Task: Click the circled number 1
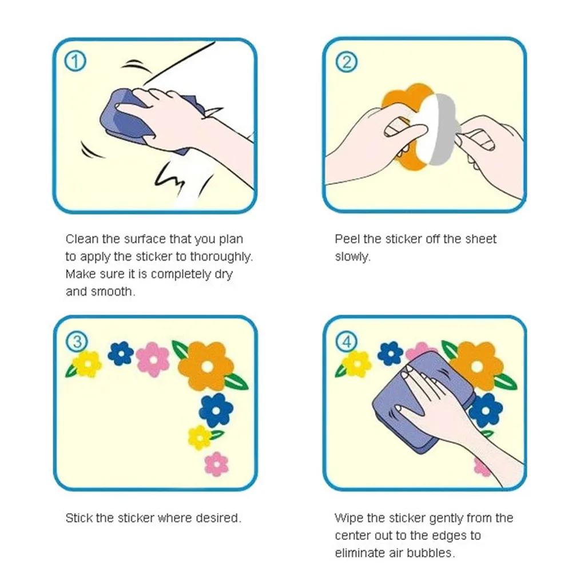click(75, 61)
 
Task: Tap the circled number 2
click(346, 62)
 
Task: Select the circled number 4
click(346, 342)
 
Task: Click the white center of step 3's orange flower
click(208, 367)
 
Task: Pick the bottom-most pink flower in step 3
click(217, 464)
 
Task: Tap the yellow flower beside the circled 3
click(87, 364)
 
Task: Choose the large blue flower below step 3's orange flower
click(216, 410)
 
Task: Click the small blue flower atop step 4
click(390, 353)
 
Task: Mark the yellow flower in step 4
click(357, 364)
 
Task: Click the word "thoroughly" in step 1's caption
click(221, 257)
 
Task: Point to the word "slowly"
click(352, 257)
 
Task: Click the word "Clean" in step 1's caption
click(82, 239)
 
